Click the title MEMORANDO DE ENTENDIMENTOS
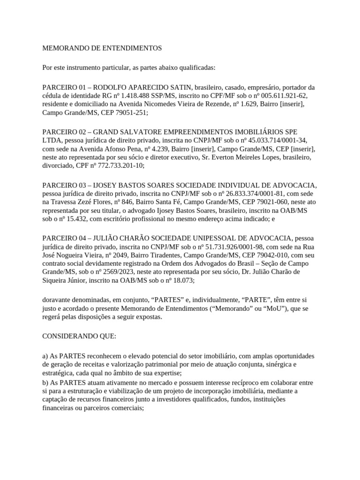point(102,48)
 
